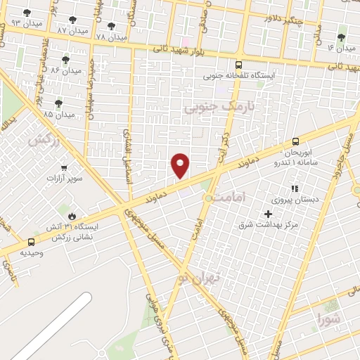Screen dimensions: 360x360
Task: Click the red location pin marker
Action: click(181, 165)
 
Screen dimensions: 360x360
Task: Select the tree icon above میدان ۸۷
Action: click(73, 20)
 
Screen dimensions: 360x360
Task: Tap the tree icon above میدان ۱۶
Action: click(342, 37)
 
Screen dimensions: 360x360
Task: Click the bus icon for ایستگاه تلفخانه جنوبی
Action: click(239, 63)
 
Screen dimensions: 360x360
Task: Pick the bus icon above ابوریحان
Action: click(295, 141)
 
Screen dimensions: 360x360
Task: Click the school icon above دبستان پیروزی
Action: click(294, 188)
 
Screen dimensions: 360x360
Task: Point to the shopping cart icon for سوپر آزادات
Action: click(64, 168)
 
